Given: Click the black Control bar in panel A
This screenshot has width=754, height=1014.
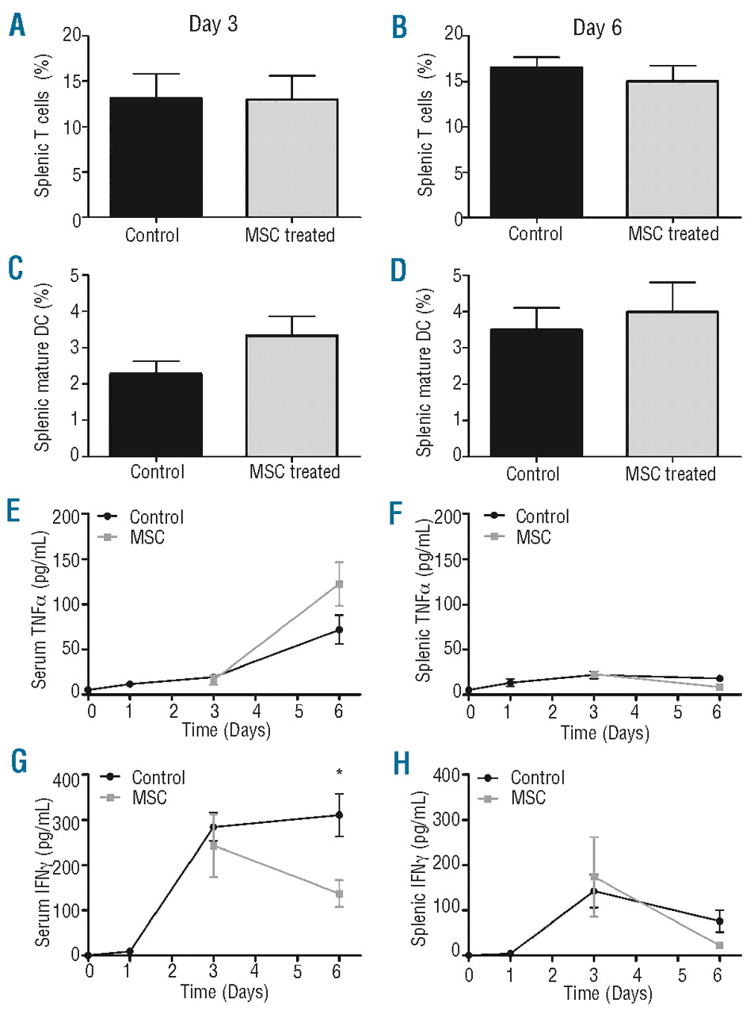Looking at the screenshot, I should [156, 158].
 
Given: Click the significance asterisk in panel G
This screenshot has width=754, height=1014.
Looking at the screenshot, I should [339, 773].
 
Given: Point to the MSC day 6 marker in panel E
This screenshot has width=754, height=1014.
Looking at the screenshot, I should [339, 585].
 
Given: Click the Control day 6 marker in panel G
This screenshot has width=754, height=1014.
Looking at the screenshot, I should [339, 815].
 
